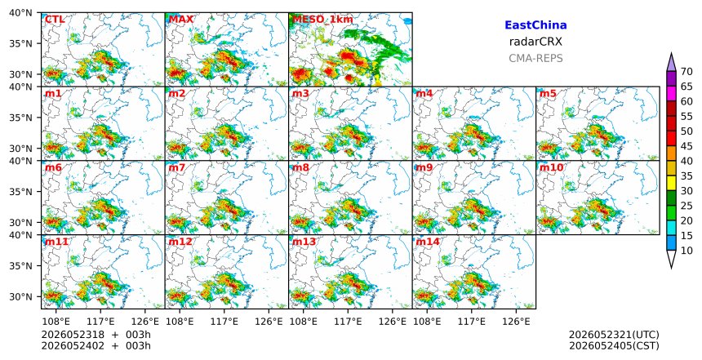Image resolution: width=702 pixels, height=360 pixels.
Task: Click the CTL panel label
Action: (x=55, y=20)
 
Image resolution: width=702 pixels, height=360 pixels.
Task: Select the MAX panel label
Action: (x=181, y=20)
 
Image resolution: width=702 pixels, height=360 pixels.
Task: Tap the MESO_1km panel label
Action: (x=322, y=20)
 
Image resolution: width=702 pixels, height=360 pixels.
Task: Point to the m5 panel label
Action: (x=548, y=94)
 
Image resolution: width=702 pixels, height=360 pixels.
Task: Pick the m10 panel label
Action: (x=552, y=168)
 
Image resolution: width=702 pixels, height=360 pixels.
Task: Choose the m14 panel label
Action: (x=428, y=242)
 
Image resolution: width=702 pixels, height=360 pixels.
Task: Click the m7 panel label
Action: (x=177, y=168)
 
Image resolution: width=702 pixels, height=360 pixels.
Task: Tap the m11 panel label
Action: (x=57, y=242)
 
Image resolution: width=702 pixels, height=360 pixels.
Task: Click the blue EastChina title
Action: (x=535, y=25)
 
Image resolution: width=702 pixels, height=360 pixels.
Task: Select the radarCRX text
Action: (x=535, y=42)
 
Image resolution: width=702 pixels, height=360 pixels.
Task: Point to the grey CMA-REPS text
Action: (x=535, y=58)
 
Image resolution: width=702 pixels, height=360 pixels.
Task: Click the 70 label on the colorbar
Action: (x=686, y=72)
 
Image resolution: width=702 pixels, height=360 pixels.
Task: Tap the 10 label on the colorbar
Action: (x=686, y=251)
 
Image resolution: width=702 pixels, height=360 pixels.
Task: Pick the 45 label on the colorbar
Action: (x=686, y=146)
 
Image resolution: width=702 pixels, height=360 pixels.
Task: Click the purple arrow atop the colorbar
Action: (x=671, y=62)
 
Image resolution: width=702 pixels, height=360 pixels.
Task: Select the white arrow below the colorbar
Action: (x=671, y=260)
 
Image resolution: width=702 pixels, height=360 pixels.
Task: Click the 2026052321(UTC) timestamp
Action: (x=614, y=335)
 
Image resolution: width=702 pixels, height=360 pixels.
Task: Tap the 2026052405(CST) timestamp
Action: (x=614, y=346)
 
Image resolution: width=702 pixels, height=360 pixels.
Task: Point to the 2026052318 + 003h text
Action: (x=96, y=335)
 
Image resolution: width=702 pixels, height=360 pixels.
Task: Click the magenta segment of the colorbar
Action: (x=671, y=94)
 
